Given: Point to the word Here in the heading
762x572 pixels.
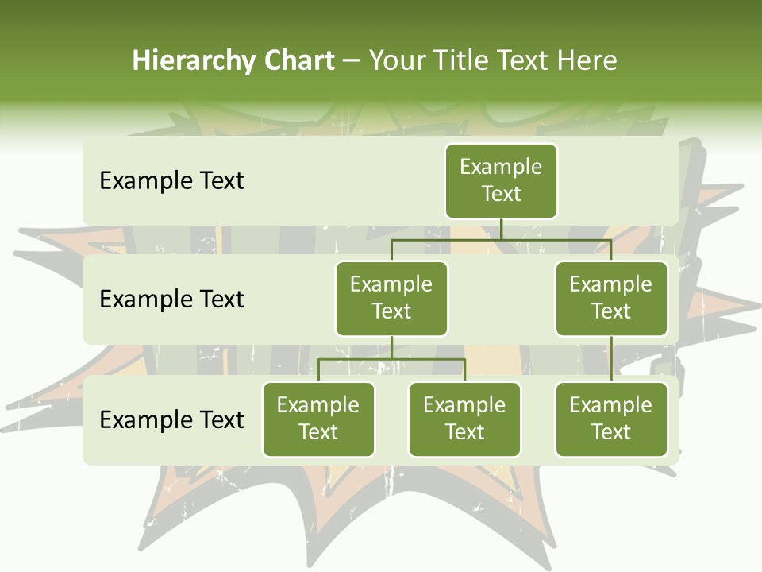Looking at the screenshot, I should point(588,61).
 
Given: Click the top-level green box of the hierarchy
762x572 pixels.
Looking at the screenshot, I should point(501,180).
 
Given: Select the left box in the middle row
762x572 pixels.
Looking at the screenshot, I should point(391,298).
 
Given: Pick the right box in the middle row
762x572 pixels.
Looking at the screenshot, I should point(610,298).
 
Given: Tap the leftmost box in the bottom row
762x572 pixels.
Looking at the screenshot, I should point(318,419).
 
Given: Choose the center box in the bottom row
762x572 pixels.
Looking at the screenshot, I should point(464,419).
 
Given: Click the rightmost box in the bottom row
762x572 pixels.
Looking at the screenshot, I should point(610,419).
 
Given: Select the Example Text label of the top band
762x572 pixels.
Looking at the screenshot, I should point(171,181).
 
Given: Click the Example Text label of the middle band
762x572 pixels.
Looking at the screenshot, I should point(171,300).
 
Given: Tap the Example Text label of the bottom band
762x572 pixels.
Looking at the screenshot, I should point(171,419).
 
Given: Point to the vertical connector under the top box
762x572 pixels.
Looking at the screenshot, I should point(501,229).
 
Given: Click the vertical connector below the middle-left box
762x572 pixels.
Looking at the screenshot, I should point(391,347).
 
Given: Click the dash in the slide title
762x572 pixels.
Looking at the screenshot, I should point(352,61).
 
